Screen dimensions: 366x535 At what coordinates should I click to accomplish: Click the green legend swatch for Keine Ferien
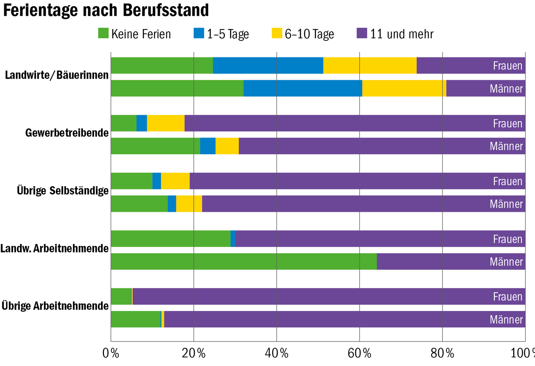[103, 33]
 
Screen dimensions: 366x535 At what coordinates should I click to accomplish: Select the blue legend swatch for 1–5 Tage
[199, 33]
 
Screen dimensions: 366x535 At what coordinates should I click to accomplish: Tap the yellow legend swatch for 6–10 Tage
[277, 33]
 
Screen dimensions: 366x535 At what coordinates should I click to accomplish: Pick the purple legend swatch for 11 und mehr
[362, 33]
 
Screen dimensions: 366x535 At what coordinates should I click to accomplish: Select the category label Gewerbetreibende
[67, 133]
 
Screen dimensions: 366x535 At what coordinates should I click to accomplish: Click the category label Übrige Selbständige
[63, 190]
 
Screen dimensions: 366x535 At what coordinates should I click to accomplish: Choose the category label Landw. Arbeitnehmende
[55, 249]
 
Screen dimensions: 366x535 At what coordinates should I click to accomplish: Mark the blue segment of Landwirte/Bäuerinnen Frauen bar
[268, 65]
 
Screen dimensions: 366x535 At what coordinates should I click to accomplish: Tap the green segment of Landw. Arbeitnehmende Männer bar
[243, 262]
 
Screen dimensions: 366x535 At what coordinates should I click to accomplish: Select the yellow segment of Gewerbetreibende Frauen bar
[165, 123]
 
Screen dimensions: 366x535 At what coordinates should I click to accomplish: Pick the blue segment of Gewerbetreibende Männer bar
[208, 146]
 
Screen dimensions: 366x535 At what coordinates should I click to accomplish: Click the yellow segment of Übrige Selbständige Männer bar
[189, 204]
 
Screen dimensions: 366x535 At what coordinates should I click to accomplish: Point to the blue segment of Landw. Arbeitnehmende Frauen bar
[233, 239]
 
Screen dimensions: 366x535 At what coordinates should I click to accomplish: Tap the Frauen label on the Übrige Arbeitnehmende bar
[507, 297]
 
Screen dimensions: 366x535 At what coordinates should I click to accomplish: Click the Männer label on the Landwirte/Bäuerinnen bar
[506, 89]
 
